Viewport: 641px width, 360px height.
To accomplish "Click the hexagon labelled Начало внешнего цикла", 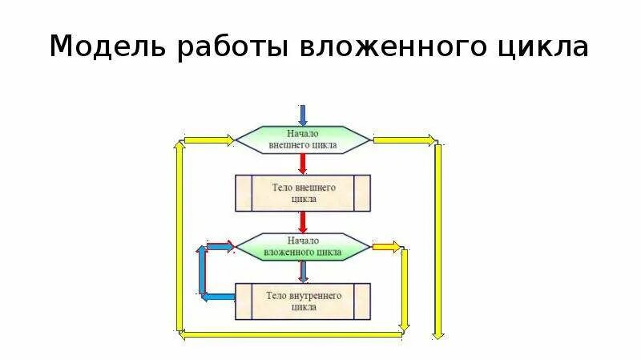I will (303, 140).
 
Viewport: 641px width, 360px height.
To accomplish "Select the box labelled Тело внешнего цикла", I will (303, 192).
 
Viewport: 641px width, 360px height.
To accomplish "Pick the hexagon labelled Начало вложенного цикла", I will (303, 246).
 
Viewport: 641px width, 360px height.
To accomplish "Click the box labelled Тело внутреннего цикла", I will (303, 301).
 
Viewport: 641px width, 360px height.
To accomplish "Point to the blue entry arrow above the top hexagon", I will (303, 114).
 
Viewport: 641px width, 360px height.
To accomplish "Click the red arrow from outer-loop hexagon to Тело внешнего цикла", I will (303, 164).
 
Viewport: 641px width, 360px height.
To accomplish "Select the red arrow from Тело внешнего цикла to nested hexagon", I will (303, 221).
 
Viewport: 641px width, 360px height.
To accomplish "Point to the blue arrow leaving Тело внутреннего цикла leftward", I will (217, 297).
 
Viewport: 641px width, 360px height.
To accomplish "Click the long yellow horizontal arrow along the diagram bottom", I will (288, 334).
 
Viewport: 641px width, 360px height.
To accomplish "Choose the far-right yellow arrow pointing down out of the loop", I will (438, 241).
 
